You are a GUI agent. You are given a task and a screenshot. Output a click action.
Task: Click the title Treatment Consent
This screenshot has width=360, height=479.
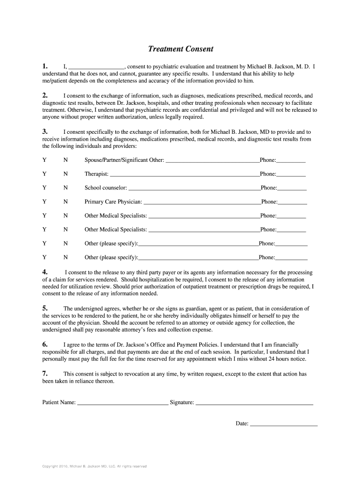click(x=180, y=49)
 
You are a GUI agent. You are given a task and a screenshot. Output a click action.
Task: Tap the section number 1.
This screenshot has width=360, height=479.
click(x=45, y=66)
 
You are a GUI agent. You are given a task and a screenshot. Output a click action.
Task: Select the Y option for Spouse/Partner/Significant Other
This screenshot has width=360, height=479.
click(x=44, y=160)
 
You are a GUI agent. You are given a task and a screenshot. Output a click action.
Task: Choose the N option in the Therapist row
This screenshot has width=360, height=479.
click(x=65, y=174)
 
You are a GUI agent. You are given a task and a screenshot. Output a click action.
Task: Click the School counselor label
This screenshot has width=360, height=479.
click(x=106, y=188)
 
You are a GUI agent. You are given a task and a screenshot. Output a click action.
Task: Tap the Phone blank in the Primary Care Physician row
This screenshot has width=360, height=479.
click(x=292, y=202)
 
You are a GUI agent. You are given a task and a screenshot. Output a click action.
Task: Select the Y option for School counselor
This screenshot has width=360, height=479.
click(x=44, y=188)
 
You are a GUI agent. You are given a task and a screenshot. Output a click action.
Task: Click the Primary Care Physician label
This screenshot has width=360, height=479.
click(x=113, y=202)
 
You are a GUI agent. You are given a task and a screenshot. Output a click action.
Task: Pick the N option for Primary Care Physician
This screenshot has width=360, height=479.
click(x=65, y=202)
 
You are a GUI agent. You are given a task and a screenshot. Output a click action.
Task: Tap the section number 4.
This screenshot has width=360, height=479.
click(x=45, y=272)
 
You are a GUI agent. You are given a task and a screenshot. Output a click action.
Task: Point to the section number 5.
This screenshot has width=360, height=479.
click(x=45, y=308)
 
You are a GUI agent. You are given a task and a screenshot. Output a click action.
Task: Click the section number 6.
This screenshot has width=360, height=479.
click(x=45, y=344)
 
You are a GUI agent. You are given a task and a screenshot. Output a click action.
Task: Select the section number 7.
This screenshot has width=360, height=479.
click(x=45, y=373)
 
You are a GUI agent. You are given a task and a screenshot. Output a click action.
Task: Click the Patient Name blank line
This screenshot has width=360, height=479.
click(x=122, y=402)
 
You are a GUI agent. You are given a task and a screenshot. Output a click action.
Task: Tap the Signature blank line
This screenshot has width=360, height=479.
click(x=254, y=402)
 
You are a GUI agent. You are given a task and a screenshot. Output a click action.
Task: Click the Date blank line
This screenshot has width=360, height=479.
click(x=284, y=424)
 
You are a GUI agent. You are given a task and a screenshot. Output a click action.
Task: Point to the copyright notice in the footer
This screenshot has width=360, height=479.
click(x=94, y=466)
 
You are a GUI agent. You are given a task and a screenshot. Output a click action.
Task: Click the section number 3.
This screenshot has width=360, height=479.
click(x=45, y=131)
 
